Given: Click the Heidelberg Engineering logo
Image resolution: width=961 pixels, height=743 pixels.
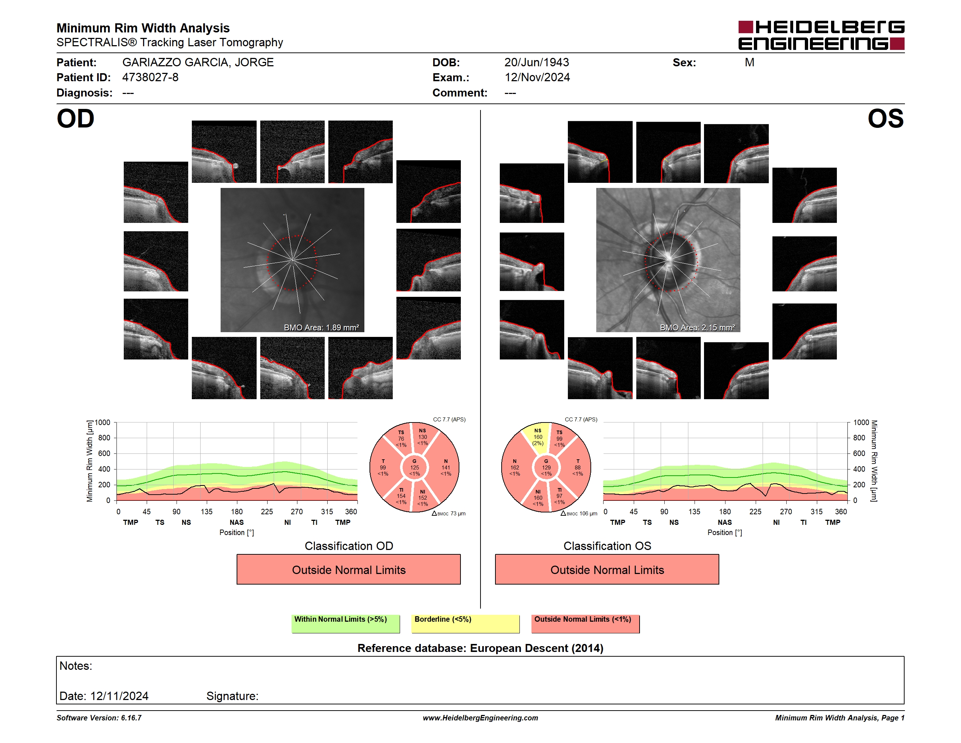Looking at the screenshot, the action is pos(821,35).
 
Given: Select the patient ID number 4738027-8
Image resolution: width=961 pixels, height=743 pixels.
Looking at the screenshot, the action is pos(150,78).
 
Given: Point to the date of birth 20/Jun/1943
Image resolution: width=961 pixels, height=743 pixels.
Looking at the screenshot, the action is pos(537,63).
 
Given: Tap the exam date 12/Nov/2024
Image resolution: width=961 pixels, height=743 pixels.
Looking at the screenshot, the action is pos(537,78).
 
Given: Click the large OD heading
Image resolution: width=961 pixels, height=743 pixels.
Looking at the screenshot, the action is pos(75,119).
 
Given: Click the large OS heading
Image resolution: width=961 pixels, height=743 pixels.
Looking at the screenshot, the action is pos(885,119).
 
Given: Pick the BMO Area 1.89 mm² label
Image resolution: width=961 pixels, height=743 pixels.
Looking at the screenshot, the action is pos(321,327).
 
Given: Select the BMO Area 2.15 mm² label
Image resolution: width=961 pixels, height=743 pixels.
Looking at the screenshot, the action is pos(697,327).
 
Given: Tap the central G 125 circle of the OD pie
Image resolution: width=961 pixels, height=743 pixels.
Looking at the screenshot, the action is pos(414,467).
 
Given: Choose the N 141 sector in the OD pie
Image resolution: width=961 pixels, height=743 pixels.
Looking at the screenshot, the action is pos(444,467).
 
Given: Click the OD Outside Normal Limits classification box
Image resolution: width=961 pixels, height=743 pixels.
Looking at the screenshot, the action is pos(348,570).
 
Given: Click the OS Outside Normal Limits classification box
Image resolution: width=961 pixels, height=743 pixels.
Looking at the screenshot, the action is pos(607,570).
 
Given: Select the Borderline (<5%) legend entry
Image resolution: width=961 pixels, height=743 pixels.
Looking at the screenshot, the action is pos(465,624).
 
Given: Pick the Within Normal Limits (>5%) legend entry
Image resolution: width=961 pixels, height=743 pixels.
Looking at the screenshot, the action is pos(345,624).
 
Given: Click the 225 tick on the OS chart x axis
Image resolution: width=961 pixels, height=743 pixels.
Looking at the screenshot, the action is pos(755,511).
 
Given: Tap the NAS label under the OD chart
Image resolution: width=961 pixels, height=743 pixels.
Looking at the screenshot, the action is pos(237,523).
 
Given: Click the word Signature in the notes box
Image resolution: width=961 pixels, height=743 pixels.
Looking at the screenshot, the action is pos(232,696).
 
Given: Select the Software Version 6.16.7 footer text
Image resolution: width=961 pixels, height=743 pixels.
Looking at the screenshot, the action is pos(99,718).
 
